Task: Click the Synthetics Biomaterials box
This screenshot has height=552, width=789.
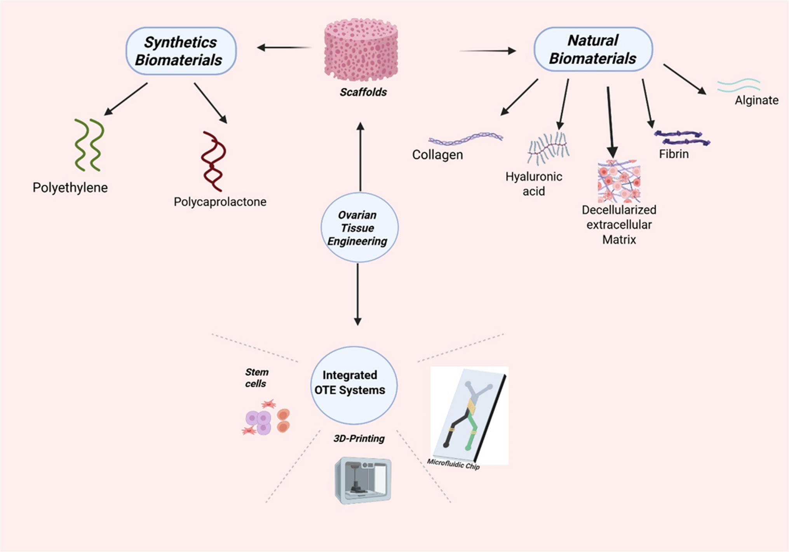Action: point(181,51)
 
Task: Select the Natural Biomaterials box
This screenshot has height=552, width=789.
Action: point(593,49)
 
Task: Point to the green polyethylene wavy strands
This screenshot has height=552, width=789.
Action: point(89,145)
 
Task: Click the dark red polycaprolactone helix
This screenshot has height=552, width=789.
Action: point(213,161)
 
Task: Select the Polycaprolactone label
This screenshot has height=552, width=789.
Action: point(220,202)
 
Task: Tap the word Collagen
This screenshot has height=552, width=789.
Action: point(437,154)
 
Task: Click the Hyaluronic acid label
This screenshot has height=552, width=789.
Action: point(534,184)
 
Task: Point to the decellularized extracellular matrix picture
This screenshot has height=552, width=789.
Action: point(619,181)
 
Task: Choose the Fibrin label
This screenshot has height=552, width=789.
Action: point(674,154)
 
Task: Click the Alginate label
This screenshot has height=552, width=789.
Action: point(756,100)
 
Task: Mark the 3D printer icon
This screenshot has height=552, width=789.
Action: point(363,480)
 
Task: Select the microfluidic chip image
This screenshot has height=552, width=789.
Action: point(469,415)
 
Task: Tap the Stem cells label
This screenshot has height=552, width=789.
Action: point(256,378)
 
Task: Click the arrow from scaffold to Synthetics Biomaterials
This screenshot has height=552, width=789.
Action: point(284,48)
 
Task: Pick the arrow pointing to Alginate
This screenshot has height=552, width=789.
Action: point(684,79)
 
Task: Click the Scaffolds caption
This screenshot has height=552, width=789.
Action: point(363,92)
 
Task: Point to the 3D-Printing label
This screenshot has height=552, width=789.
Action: point(359,439)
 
